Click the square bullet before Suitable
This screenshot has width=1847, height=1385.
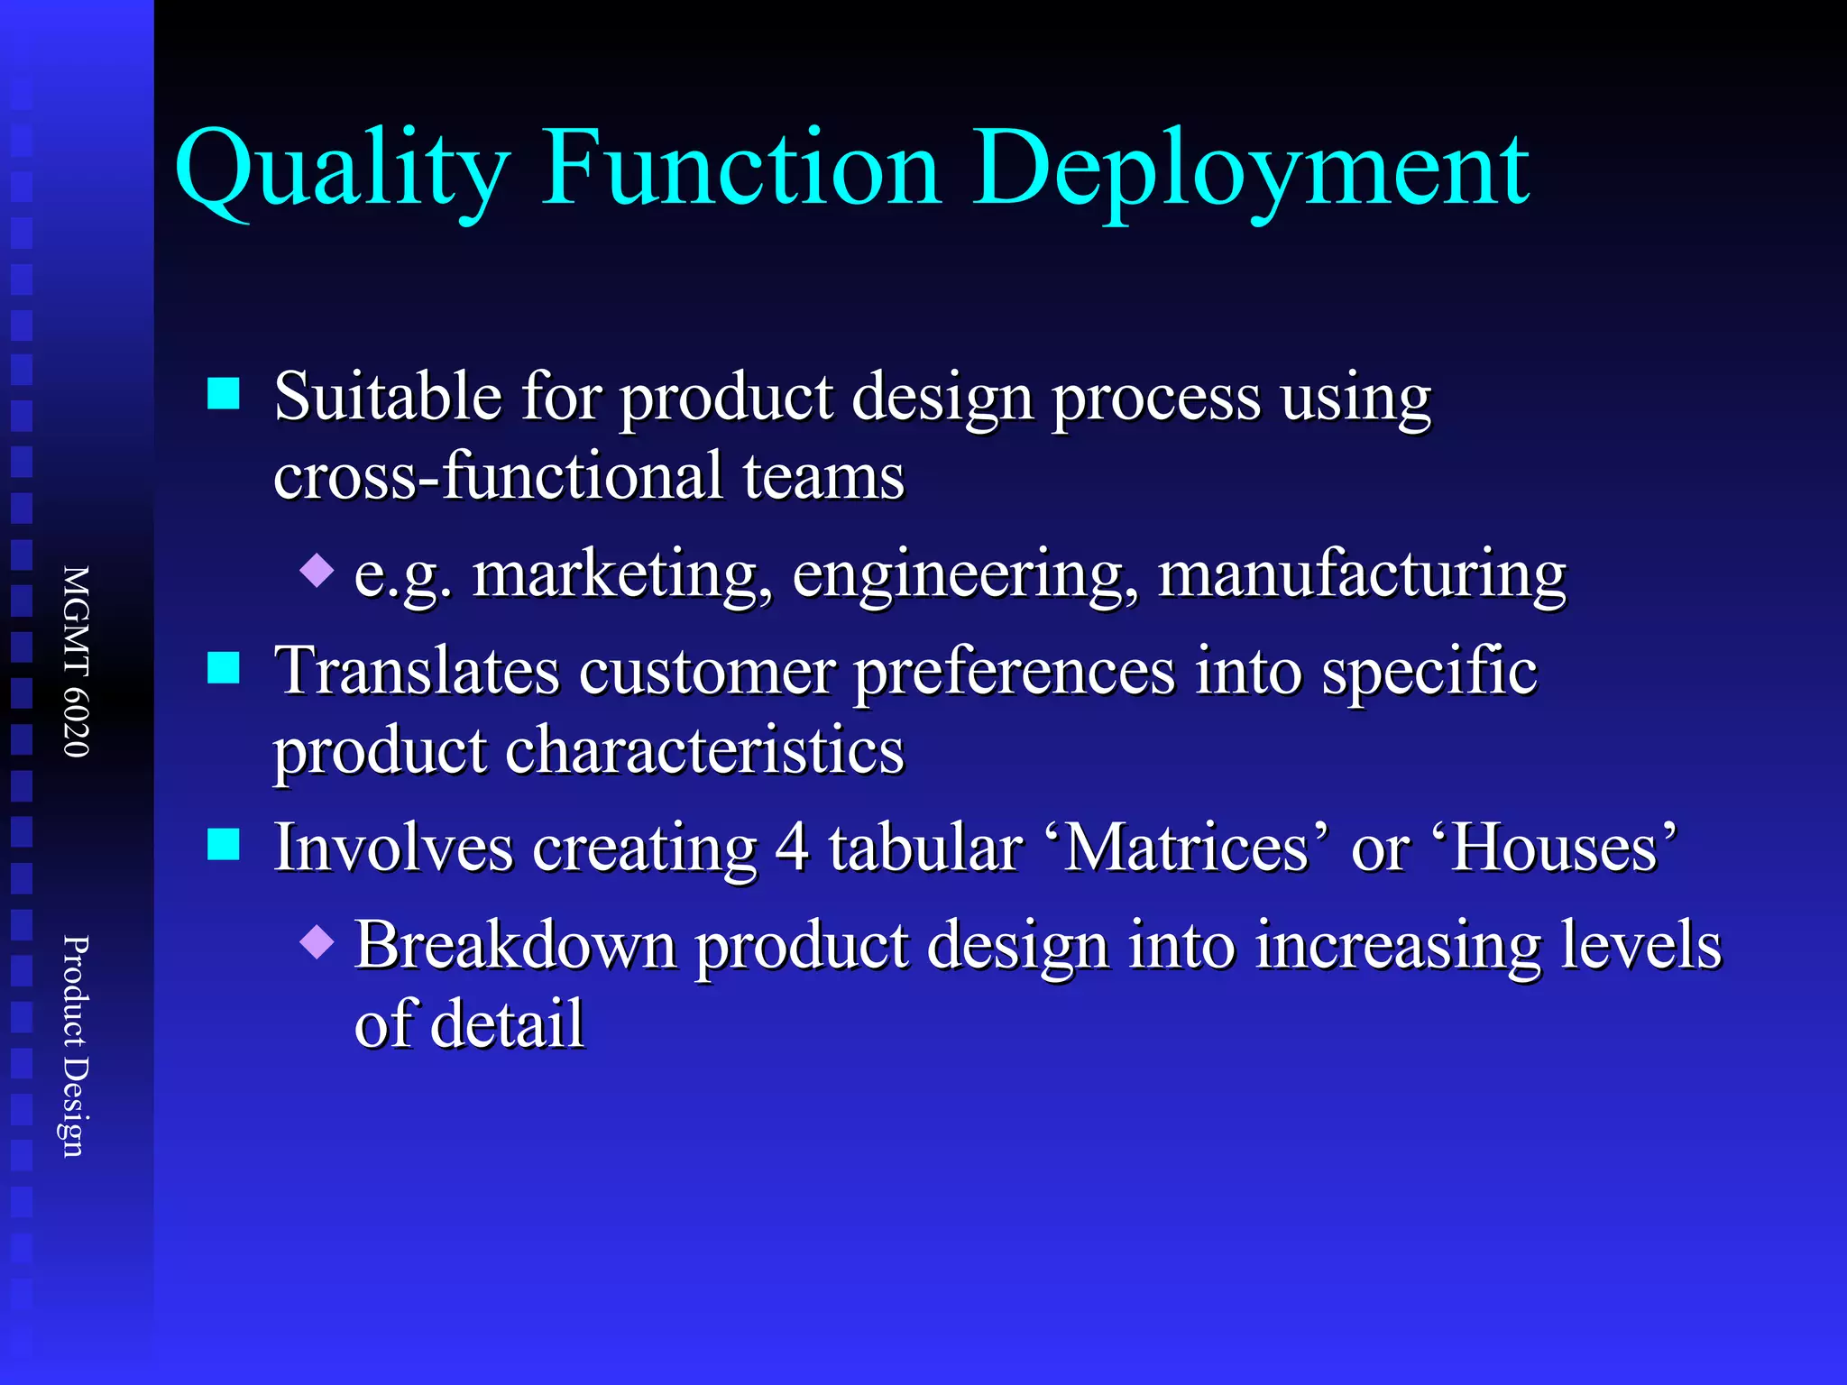pos(224,394)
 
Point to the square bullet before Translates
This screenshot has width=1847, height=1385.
pos(224,669)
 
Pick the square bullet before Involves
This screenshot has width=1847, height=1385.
pos(224,846)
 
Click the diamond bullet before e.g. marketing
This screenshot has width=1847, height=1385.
pos(317,571)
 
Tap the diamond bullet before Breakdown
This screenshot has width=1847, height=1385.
pos(317,942)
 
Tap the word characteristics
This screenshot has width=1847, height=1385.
pos(704,750)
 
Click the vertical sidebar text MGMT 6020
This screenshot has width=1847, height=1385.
pos(77,661)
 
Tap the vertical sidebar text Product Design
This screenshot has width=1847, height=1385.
pos(77,1045)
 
